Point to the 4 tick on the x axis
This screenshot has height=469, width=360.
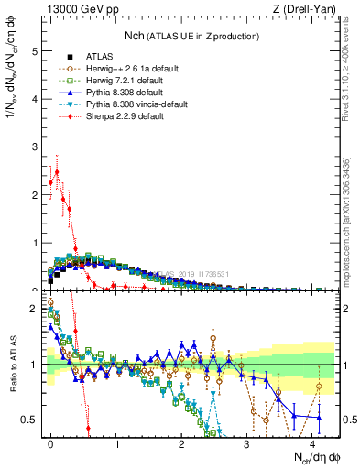point(313,442)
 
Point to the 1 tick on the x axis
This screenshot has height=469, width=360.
point(117,442)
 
